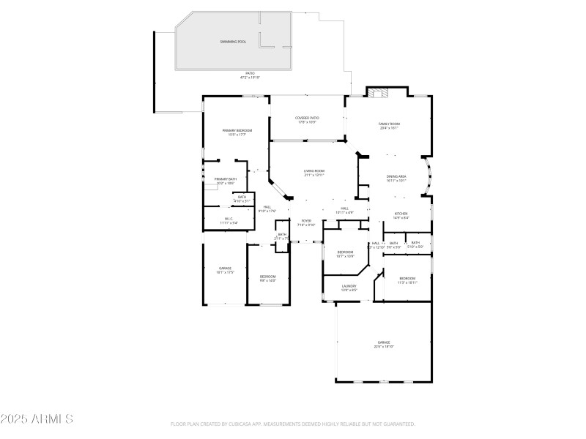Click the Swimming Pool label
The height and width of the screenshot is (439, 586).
point(233,42)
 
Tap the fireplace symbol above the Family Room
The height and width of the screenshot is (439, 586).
point(379,93)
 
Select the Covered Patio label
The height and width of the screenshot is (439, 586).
point(307,118)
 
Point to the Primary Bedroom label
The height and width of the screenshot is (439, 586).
point(237,130)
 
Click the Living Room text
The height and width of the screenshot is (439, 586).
point(314,171)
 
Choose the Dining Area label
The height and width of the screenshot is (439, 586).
point(396,176)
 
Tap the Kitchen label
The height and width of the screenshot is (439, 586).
point(401,214)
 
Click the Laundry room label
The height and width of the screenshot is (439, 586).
point(349,286)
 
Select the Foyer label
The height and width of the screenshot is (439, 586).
point(306,221)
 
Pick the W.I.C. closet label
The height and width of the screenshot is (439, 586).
point(229,219)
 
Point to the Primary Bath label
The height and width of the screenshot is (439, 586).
point(225,179)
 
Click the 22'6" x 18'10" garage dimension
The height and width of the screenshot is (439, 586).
point(384,347)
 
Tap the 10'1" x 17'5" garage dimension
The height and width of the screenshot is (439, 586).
point(225,272)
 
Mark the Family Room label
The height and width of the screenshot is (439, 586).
point(389,124)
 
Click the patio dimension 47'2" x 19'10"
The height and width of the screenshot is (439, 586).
point(250,77)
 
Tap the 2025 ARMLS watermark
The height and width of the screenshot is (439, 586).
point(37,419)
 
